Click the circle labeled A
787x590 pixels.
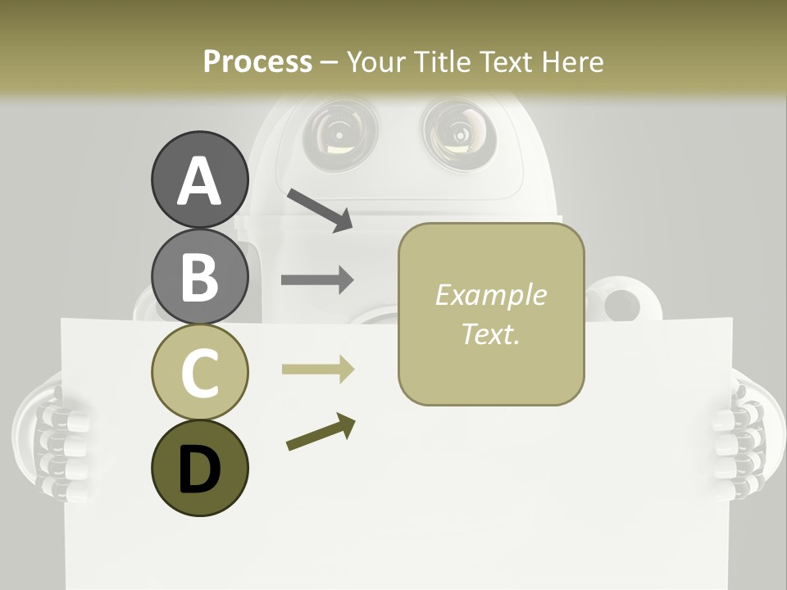(x=199, y=179)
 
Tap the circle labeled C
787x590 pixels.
(x=199, y=371)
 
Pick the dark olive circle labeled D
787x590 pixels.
(x=199, y=468)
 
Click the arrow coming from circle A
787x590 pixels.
(x=320, y=210)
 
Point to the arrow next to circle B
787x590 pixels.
(x=317, y=280)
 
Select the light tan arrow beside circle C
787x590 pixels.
(x=317, y=370)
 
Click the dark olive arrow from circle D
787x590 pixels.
(x=321, y=432)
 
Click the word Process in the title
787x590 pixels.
(x=257, y=61)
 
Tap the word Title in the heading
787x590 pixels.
(x=440, y=61)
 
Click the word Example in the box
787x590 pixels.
(x=490, y=295)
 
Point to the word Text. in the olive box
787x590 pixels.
(x=490, y=334)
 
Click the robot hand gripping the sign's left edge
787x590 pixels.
(x=53, y=438)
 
